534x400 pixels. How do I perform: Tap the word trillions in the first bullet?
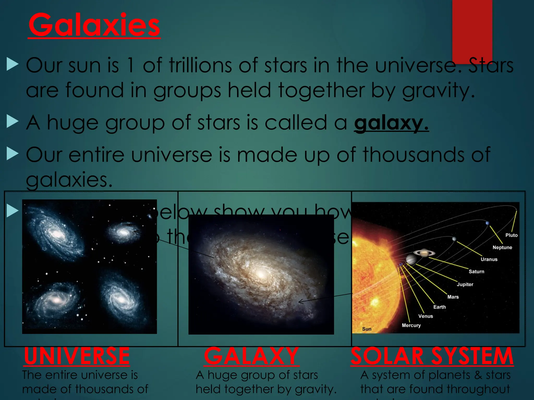coord(200,65)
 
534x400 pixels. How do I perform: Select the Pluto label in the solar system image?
coord(511,235)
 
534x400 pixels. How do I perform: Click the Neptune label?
coord(502,247)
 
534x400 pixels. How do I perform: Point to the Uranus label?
coord(489,259)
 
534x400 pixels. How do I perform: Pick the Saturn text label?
coord(476,272)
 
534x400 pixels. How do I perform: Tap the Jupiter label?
coord(465,284)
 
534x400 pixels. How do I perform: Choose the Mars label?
coord(453,297)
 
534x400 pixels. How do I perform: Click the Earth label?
coord(439,307)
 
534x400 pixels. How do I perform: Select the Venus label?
coord(426,316)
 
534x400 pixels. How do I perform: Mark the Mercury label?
coord(411,325)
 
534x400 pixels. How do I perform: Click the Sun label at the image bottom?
coord(367,329)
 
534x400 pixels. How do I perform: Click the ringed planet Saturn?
coord(424,253)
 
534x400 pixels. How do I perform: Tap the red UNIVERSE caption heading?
coord(77,356)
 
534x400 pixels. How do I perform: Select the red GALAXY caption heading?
coord(252,356)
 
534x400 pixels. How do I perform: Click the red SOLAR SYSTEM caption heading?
coord(432,356)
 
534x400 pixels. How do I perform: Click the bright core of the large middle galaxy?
coord(261,274)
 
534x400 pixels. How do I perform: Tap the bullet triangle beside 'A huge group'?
coord(13,122)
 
